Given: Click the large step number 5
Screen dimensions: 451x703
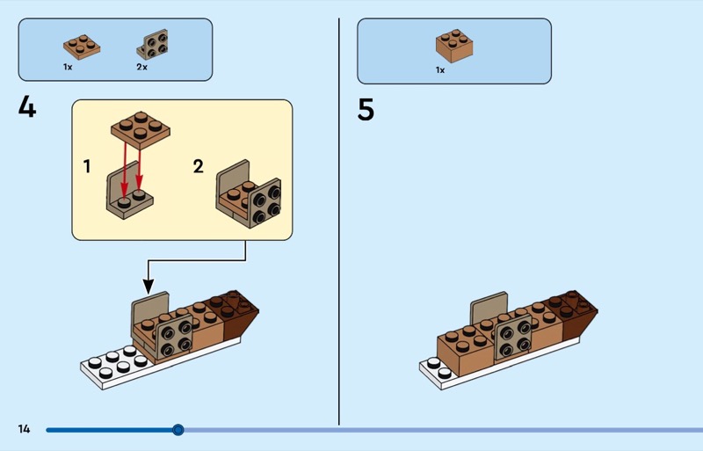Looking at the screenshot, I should point(366,110).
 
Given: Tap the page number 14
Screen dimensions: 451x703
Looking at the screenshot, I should point(24,429).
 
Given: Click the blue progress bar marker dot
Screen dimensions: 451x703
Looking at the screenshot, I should point(178,430).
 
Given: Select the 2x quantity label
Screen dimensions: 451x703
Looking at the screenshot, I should point(141,67).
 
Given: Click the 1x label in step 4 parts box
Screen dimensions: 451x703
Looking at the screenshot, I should point(68,67).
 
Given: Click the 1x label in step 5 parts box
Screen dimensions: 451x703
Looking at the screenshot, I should point(440,69).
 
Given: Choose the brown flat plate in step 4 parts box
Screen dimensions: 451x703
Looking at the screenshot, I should point(81,47).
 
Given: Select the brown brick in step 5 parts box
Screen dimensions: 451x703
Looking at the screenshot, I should point(454,46).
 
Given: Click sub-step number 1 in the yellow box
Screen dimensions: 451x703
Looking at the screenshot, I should point(87,165).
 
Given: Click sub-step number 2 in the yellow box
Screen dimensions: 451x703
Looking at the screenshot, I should point(199,165).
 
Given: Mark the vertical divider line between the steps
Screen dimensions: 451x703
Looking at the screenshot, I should point(339,220).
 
